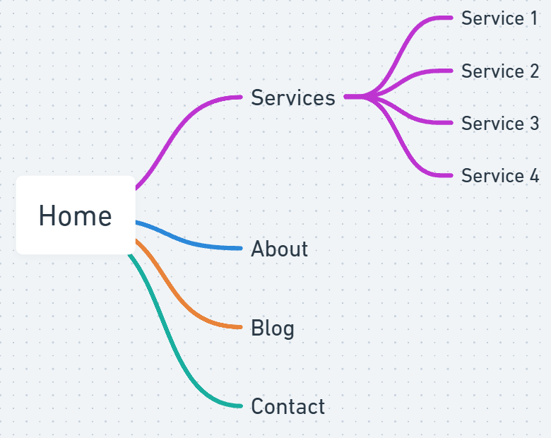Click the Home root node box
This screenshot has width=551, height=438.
click(76, 215)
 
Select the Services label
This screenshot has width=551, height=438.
click(293, 97)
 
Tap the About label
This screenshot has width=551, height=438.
click(279, 249)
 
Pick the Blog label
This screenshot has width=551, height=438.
click(273, 328)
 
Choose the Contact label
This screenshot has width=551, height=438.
click(288, 406)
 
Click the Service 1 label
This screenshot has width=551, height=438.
click(499, 18)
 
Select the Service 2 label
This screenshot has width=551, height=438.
click(500, 71)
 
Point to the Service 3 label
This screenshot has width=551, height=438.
click(500, 124)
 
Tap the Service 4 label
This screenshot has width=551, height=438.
click(500, 175)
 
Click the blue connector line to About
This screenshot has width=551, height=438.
click(186, 241)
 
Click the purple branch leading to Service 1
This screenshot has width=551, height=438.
click(401, 53)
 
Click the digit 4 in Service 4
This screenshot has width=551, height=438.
click(534, 175)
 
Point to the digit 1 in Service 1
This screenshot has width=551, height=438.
click(534, 18)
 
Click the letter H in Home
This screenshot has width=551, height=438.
click(47, 215)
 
